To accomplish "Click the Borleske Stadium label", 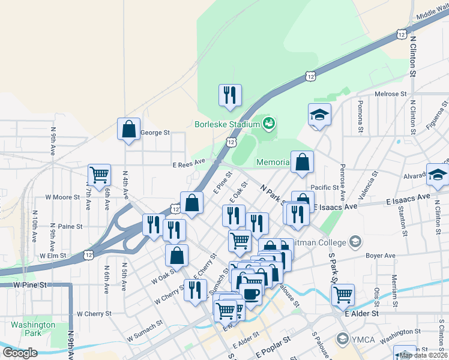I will pos(226,125).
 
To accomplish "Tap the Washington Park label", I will pos(33,329).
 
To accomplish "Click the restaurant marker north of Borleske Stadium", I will pos(230,95).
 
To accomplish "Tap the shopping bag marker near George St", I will pos(128,128).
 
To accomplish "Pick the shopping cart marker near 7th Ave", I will pos(99,175).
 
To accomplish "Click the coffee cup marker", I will pos(250,294).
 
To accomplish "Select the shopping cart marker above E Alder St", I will pos(343,295).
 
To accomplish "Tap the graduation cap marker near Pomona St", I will pos(320,114).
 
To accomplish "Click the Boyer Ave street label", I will pos(381,256).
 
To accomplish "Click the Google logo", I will pos(20,353).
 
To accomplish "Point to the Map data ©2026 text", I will pos(424,355).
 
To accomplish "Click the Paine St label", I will pos(70,226).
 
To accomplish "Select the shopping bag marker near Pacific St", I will pos(302,162).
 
